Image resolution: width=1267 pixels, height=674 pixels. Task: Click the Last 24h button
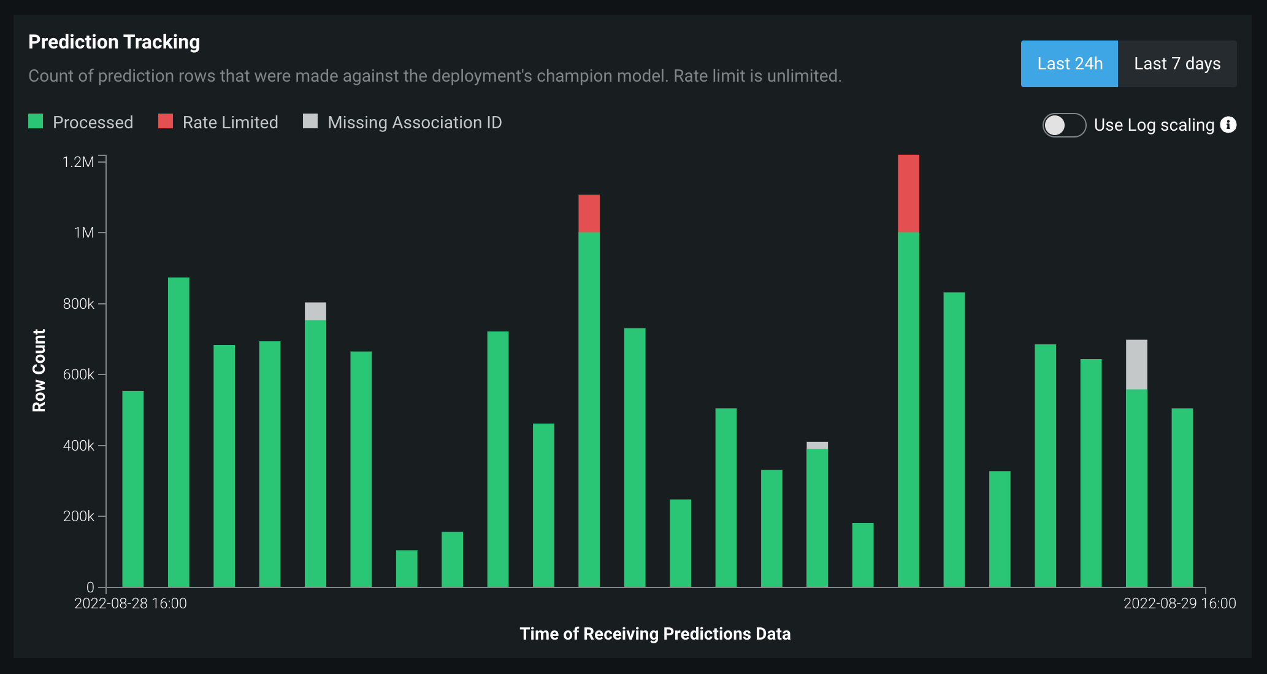tap(1069, 64)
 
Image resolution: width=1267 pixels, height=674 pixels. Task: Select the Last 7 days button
tap(1177, 64)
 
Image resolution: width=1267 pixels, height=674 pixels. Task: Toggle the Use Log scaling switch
tap(1064, 125)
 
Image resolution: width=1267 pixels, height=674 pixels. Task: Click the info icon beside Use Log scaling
tap(1228, 125)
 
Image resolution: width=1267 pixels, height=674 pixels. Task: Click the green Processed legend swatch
tap(36, 122)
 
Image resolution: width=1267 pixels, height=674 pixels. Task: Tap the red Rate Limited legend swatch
tap(166, 122)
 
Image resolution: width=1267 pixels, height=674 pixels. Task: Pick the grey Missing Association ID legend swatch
tap(310, 122)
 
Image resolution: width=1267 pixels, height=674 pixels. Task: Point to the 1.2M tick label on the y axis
tap(78, 162)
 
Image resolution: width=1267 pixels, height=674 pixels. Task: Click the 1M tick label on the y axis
tap(84, 233)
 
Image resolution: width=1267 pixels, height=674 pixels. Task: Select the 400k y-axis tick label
tap(78, 446)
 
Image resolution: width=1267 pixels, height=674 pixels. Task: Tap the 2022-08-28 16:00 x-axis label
tap(131, 603)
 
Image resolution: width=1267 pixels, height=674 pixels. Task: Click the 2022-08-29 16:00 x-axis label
tap(1179, 603)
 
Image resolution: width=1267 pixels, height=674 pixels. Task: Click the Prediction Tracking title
tap(114, 42)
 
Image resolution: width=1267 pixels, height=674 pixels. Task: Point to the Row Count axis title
tap(39, 370)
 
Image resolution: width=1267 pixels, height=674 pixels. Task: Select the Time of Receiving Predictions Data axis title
tap(655, 633)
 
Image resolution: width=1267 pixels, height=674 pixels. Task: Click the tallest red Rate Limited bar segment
tap(908, 193)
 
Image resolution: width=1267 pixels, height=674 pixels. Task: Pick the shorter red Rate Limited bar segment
tap(589, 213)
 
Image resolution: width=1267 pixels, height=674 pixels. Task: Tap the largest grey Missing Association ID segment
tap(1136, 365)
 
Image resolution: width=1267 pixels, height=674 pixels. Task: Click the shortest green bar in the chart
tap(407, 568)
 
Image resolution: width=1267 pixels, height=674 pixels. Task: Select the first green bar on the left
tap(133, 489)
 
